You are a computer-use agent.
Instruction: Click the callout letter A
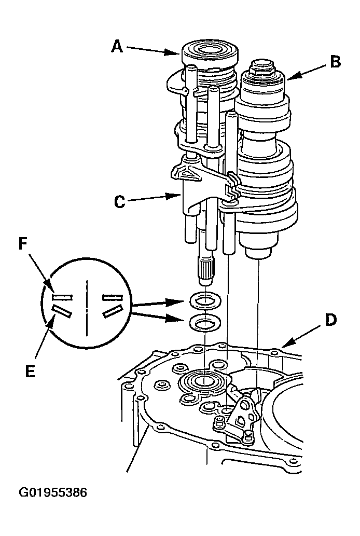pos(117,46)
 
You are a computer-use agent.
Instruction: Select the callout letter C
pos(119,202)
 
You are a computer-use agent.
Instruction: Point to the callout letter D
pos(330,320)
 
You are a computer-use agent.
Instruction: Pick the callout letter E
pos(31,371)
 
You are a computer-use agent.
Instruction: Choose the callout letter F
pos(22,244)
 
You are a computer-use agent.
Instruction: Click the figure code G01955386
pos(52,492)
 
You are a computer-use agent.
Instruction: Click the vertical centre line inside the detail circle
pos(87,307)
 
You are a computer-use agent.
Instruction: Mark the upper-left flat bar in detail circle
pos(62,297)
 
